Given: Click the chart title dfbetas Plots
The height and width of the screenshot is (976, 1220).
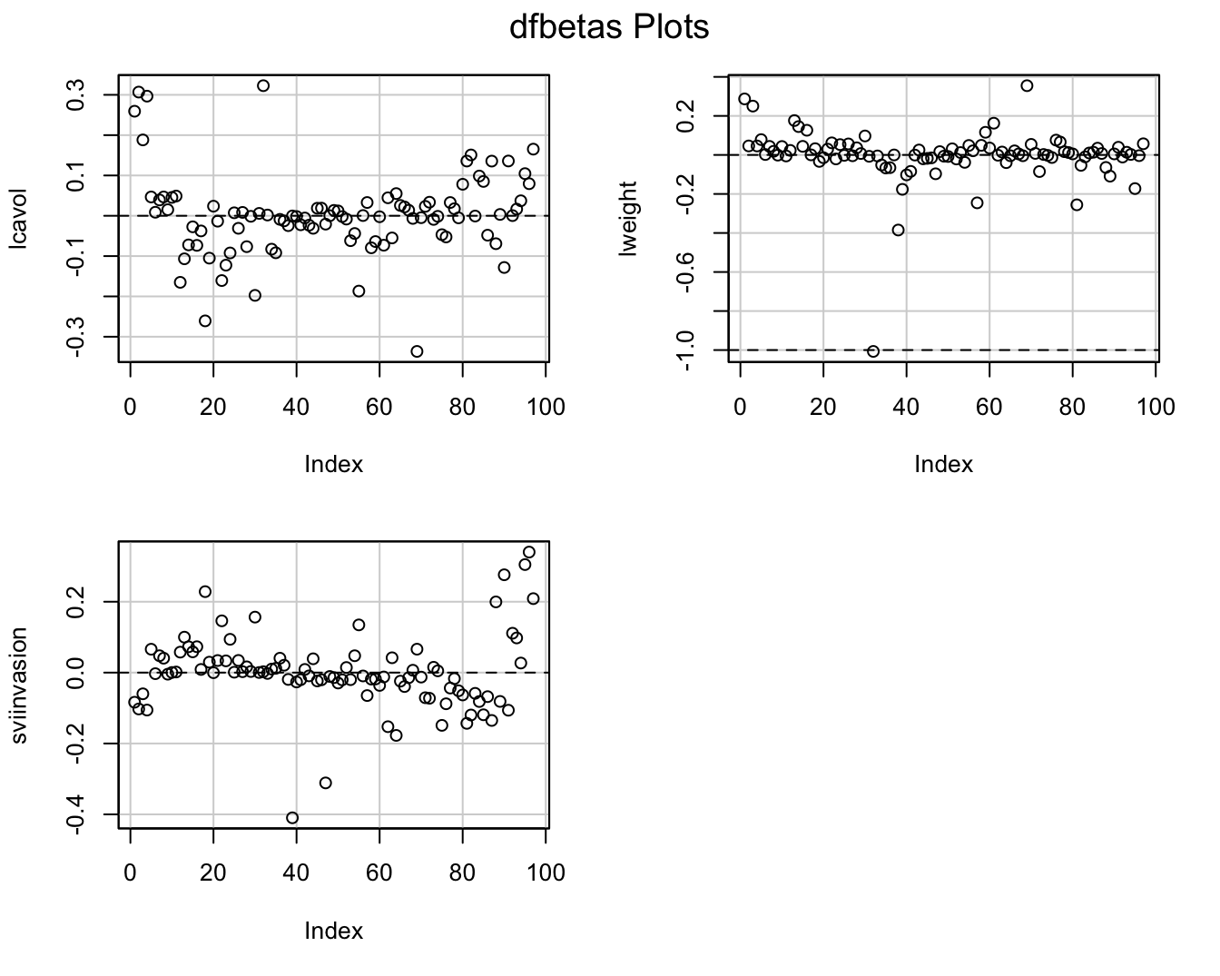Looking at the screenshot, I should point(609,28).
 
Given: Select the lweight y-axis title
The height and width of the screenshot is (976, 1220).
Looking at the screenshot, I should point(627,218).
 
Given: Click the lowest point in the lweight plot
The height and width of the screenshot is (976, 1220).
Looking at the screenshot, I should point(873,351).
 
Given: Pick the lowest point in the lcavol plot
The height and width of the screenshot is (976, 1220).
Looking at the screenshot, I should point(417,351).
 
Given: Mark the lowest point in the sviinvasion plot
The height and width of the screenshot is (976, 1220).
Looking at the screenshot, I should point(292,817).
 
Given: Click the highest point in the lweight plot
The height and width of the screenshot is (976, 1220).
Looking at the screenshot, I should point(1027,85).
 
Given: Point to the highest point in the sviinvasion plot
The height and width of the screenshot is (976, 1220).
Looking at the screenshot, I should point(529,551).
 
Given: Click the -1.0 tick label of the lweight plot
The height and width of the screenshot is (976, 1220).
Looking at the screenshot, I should point(686,350).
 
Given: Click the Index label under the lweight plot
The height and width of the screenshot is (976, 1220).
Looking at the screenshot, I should point(943,465).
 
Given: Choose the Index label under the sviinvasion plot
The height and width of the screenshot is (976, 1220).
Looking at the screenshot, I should point(333,931).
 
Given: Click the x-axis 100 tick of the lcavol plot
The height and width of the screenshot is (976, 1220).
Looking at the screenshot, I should point(546,406).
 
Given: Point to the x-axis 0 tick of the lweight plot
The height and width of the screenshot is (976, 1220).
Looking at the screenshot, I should point(741,406).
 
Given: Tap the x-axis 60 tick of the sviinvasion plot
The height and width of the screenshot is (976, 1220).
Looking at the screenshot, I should point(379,872).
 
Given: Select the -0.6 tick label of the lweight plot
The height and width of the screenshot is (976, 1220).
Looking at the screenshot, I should point(686,272).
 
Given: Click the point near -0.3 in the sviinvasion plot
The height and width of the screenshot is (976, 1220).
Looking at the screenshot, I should point(326,783).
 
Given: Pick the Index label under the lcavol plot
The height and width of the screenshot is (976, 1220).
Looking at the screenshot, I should point(333,465).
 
